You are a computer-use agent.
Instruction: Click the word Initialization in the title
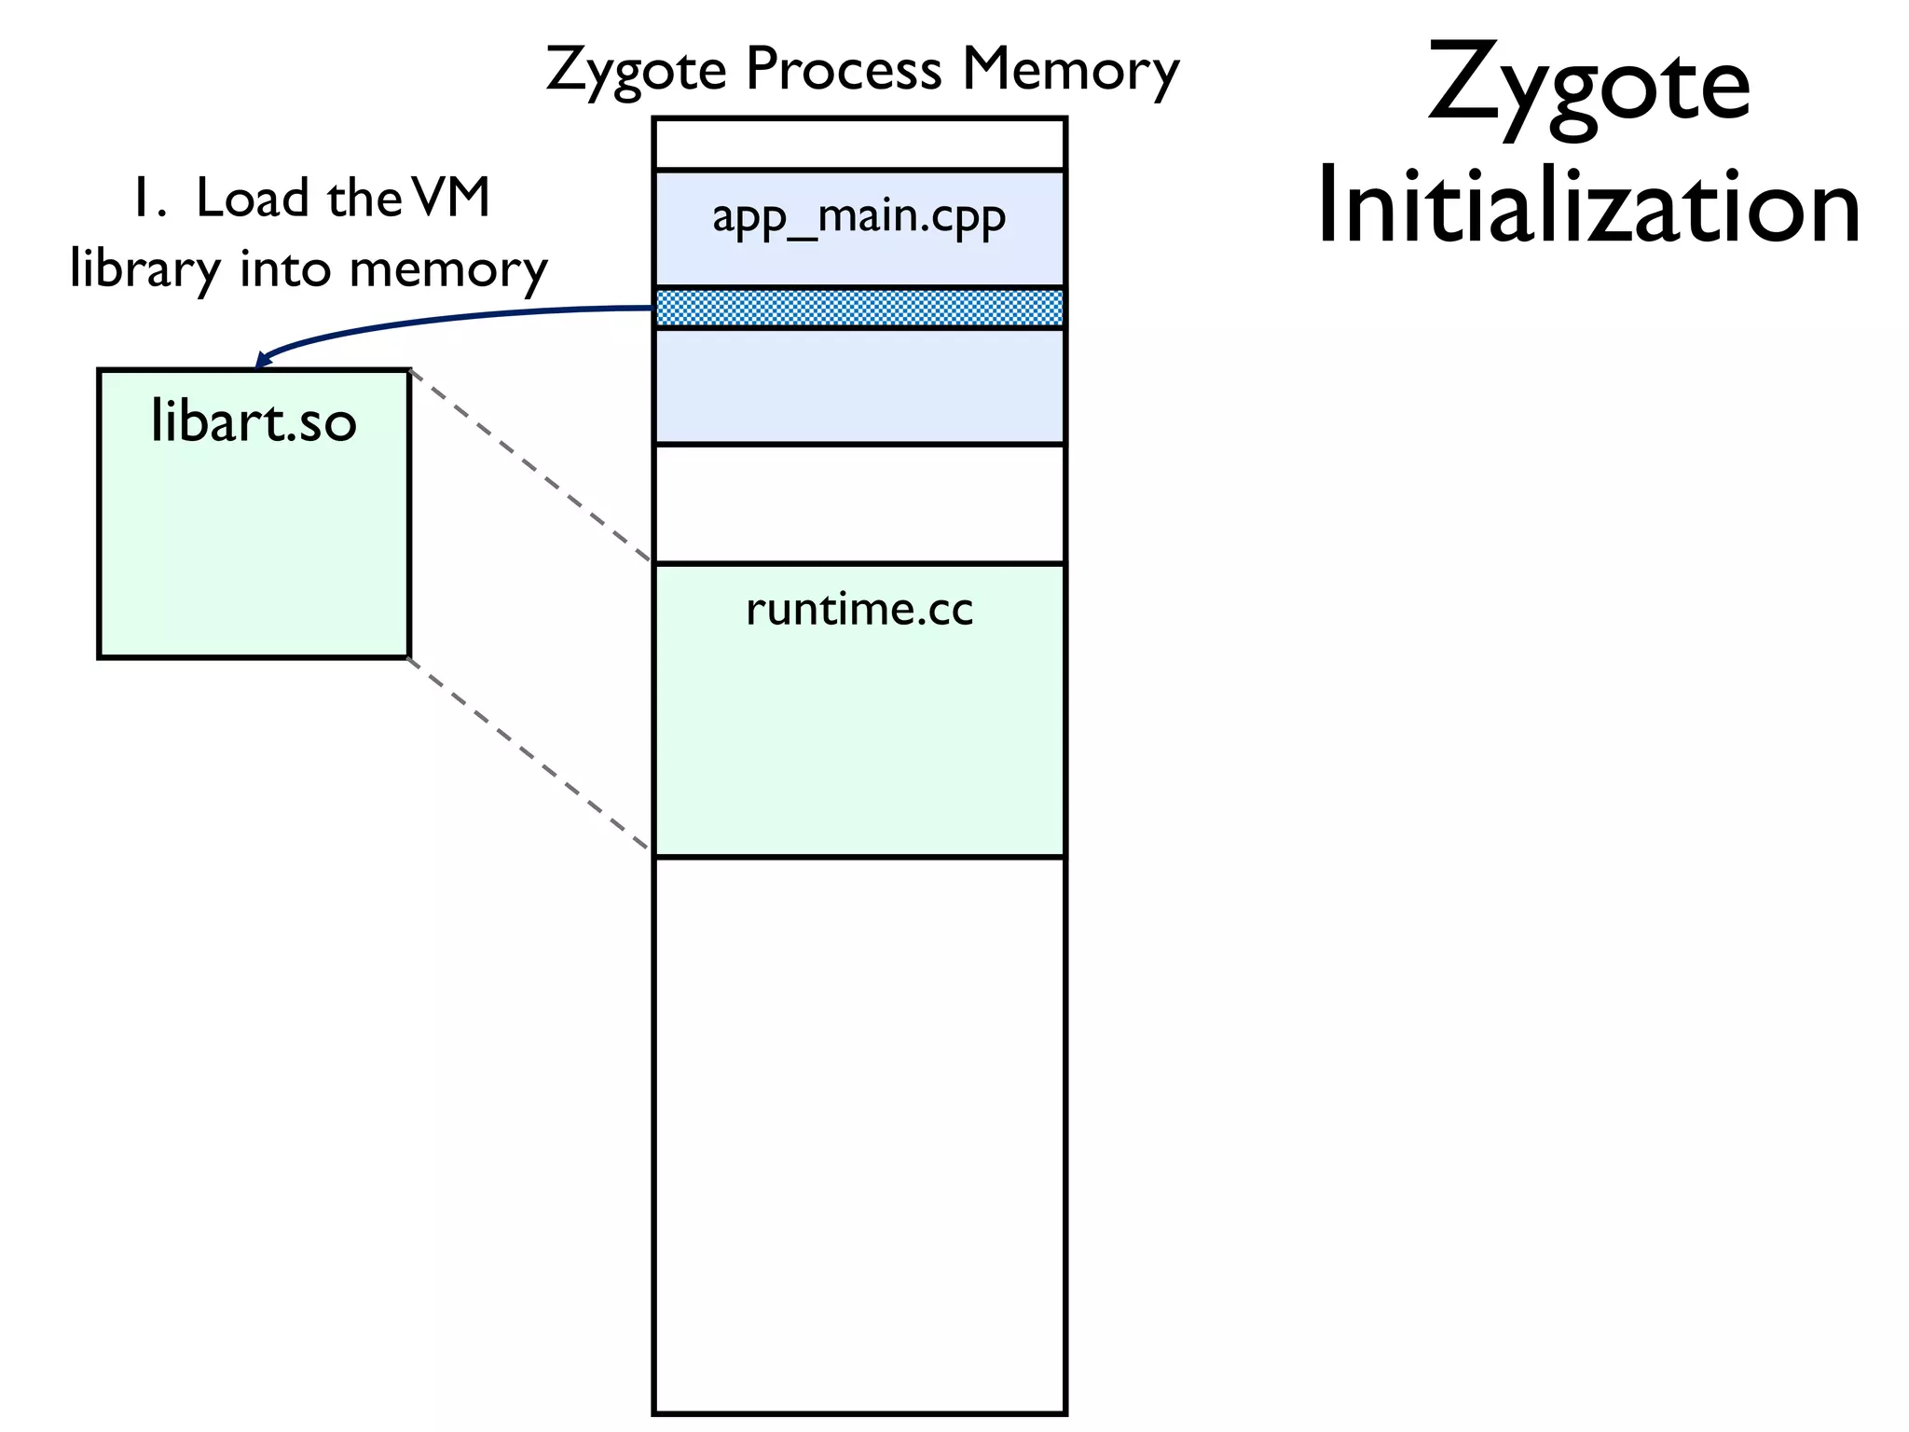tap(1588, 207)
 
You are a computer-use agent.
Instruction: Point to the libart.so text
tap(254, 422)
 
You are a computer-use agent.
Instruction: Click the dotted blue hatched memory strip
tap(858, 308)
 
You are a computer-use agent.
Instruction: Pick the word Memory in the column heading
tap(1070, 70)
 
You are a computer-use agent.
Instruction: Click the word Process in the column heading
tap(844, 70)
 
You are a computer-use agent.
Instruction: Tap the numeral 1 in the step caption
tap(144, 200)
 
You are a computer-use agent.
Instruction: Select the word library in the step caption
tap(145, 270)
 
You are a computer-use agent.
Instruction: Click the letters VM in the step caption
tap(450, 199)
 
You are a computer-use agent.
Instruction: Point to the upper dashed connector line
tap(531, 466)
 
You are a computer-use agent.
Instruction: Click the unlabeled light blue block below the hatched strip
tap(858, 386)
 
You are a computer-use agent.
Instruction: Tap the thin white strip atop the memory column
tap(858, 145)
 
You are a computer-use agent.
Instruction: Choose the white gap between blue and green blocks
tap(858, 504)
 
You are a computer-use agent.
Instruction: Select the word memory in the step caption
tap(448, 270)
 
